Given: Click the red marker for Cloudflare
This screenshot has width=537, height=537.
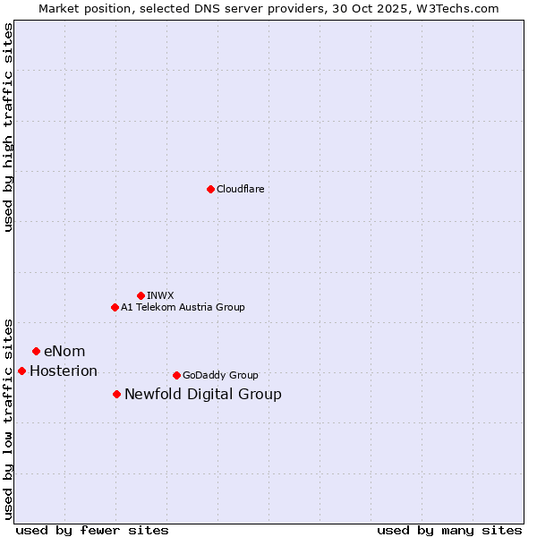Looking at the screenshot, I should pos(210,189).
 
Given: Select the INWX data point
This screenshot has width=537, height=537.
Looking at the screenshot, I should pos(141,295).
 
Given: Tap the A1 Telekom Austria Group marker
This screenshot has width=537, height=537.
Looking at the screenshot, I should pos(115,307).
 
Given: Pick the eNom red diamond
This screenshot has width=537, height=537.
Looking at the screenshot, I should pos(36,351).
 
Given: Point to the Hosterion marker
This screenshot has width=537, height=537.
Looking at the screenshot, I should pos(21,371).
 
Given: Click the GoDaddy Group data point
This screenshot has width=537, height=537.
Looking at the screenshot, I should pos(176,375).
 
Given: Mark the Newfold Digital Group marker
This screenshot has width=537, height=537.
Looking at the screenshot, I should pos(116,394).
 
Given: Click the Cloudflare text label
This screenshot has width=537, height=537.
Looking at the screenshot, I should pos(240,189).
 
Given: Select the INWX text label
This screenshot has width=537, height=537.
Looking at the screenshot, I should pos(160,295).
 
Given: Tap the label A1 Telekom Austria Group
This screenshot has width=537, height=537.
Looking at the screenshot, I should pos(183,307).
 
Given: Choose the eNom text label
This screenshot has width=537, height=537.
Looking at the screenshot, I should pos(64,351).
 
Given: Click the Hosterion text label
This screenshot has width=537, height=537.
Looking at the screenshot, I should pos(64,371).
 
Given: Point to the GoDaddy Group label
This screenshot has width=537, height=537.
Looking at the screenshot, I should pos(220,375).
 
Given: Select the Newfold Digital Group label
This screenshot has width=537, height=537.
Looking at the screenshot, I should pos(203,394).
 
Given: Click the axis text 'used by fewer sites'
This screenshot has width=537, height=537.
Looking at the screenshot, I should pos(92,530).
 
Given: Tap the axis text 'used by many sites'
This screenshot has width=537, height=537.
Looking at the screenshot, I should pos(449,530).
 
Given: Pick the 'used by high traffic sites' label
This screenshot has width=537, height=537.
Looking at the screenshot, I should pos(8,127).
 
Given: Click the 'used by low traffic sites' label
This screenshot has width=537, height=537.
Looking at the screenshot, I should pos(8,418).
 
